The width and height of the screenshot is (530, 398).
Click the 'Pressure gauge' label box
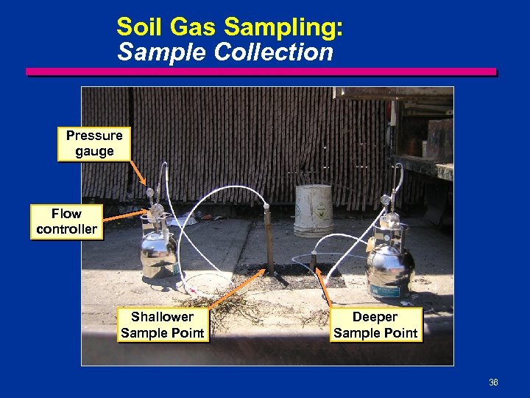tap(94, 144)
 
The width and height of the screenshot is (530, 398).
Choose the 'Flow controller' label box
tap(66, 221)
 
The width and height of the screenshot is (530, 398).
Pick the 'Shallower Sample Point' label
tap(162, 325)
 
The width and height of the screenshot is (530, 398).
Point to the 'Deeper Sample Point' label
tap(375, 325)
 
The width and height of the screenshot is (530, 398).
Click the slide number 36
tap(493, 383)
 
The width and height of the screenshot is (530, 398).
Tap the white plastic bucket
tap(314, 209)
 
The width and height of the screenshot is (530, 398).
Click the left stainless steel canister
tap(158, 251)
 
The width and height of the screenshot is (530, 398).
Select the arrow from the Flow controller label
tap(125, 216)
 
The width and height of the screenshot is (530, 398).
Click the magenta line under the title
tap(261, 71)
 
